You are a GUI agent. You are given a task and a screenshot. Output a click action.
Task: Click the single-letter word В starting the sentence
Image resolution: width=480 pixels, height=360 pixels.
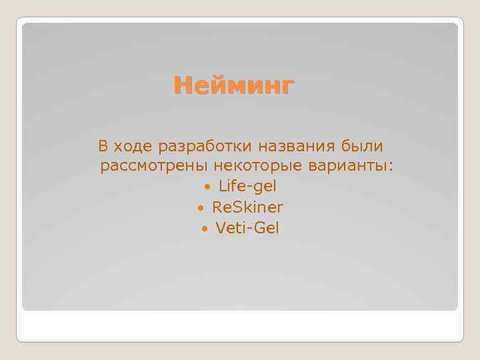pos(103,145)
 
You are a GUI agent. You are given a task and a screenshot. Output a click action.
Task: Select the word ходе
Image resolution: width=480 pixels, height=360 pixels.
pos(132,145)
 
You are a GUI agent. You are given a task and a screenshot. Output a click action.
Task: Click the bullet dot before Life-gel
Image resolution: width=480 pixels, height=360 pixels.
pos(209,187)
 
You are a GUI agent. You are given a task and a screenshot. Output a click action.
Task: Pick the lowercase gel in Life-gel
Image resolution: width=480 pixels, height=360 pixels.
pos(264,187)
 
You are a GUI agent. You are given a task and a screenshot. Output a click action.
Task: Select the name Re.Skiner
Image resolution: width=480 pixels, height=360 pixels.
pos(247,207)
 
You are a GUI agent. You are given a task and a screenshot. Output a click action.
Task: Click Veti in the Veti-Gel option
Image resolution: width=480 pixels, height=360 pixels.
pos(231,228)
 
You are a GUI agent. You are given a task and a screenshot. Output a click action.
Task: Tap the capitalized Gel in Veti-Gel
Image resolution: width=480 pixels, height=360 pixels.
pos(267,228)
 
